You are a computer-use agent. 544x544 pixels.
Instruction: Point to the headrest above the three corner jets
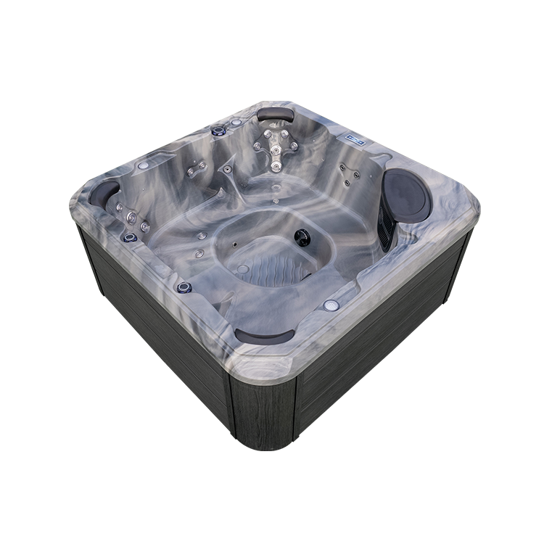(x=104, y=193)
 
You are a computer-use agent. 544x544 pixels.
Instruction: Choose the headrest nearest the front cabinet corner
(x=264, y=336)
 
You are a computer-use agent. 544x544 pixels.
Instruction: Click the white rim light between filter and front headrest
(x=331, y=305)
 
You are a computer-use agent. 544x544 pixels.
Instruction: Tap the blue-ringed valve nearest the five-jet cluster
(x=218, y=131)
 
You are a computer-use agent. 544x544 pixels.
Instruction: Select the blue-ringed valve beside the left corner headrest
(x=131, y=236)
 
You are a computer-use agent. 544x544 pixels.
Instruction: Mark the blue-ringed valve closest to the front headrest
(x=184, y=287)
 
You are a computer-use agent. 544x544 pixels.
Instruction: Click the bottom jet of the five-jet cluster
(x=276, y=168)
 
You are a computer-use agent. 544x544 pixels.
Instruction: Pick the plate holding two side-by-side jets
(x=196, y=171)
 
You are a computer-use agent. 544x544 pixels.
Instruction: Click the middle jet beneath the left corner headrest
(x=132, y=218)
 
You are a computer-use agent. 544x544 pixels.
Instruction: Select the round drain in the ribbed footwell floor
(x=243, y=268)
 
